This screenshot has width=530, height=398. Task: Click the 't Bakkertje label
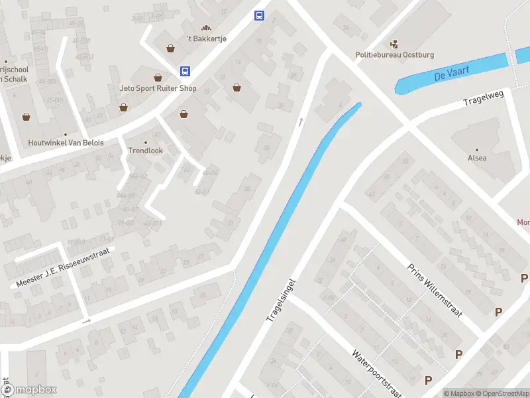pos(207,38)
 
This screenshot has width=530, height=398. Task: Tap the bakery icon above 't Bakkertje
pos(206,28)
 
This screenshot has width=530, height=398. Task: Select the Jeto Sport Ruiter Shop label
pos(158,88)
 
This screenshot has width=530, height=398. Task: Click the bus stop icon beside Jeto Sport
pos(185,71)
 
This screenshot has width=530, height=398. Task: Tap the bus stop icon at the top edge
pos(259,16)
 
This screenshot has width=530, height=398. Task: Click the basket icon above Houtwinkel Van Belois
pos(26,117)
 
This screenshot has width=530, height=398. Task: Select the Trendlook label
pos(145,151)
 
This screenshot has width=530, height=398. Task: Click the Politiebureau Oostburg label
pos(395,55)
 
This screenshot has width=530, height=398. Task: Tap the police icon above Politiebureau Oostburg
pos(396,44)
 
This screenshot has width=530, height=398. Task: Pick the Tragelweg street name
pos(484,98)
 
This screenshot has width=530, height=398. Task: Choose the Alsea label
pos(477,158)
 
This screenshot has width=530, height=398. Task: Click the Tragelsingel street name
pos(280,300)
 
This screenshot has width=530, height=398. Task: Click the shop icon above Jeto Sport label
pos(158,78)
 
